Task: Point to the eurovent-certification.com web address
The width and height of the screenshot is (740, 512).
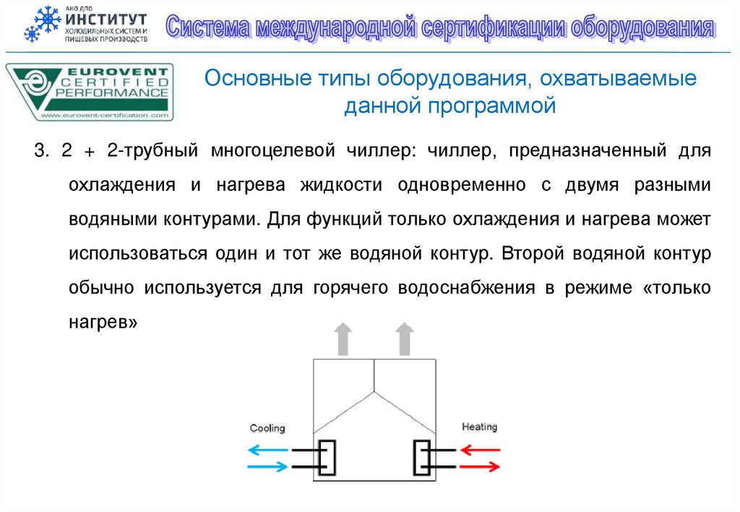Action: [x=104, y=114]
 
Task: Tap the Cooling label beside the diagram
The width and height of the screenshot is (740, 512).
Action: [x=267, y=428]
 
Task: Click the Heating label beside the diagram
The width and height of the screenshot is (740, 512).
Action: [x=479, y=427]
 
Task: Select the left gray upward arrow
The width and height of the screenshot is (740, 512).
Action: [x=343, y=338]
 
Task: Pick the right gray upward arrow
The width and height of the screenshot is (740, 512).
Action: [x=405, y=338]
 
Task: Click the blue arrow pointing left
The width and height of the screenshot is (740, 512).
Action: [x=267, y=450]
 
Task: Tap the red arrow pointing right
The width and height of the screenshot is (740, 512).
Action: [x=481, y=466]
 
